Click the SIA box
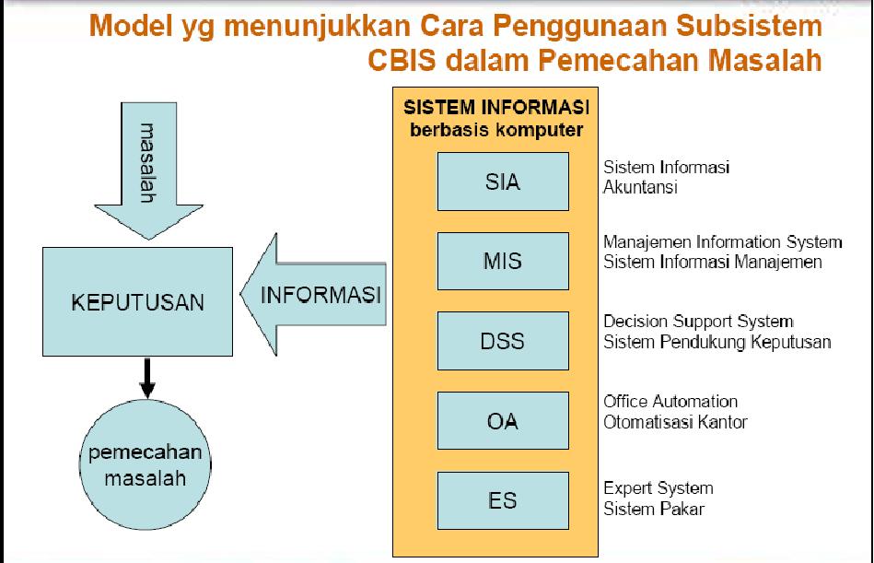point(503,182)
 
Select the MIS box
point(503,261)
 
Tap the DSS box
point(503,341)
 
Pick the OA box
point(503,421)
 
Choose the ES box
point(503,500)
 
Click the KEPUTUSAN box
point(138,301)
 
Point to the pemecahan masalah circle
point(145,466)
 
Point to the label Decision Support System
point(698,322)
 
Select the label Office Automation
point(670,402)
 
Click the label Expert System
point(658,487)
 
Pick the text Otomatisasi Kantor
point(675,422)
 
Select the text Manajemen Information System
point(722,242)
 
